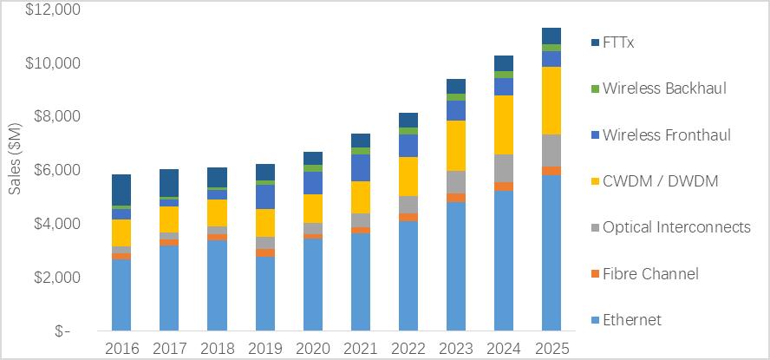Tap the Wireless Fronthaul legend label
tap(666, 134)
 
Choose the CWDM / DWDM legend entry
tap(660, 180)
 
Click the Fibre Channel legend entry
tap(650, 274)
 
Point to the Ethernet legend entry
tap(631, 320)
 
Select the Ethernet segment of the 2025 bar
tap(551, 252)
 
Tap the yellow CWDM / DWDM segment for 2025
tap(551, 101)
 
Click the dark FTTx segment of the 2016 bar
tap(121, 190)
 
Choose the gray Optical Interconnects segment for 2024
tap(503, 168)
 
